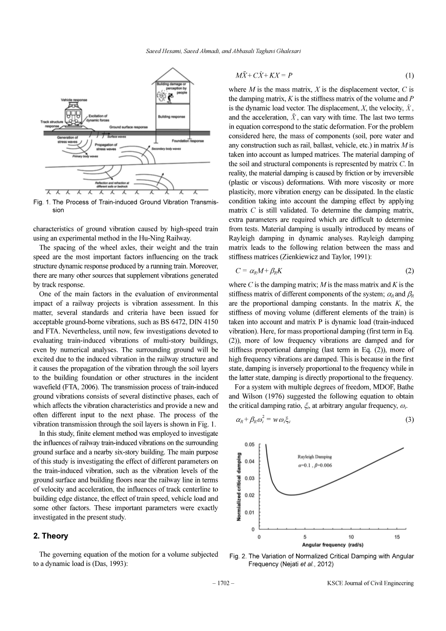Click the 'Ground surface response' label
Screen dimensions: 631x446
tap(129, 127)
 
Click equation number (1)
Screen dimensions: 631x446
tap(409, 75)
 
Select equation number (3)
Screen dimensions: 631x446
tap(409, 419)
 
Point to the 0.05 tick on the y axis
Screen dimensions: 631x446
tap(250, 444)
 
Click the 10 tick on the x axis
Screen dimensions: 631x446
tap(351, 537)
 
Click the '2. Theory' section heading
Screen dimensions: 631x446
tap(50, 536)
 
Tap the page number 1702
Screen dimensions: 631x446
tap(223, 583)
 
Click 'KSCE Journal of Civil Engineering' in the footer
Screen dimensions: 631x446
tap(370, 583)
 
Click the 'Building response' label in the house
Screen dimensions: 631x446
tap(171, 117)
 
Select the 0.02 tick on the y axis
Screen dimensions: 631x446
tap(250, 495)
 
